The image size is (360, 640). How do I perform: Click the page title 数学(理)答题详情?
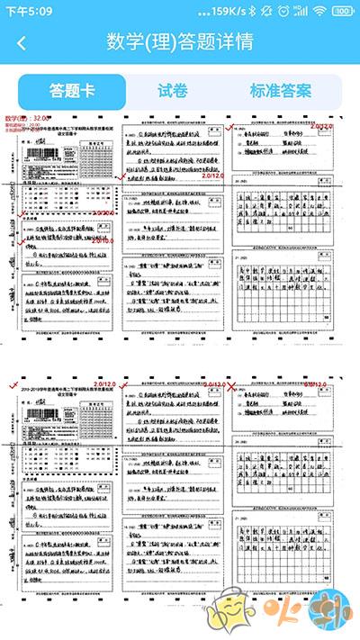click(179, 42)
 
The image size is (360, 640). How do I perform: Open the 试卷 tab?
click(172, 91)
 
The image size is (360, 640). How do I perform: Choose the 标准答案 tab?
click(280, 91)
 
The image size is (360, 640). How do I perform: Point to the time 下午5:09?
click(29, 11)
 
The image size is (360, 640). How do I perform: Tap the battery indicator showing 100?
click(342, 11)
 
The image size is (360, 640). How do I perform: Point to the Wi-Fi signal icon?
click(319, 11)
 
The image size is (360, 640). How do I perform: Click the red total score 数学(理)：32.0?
click(28, 119)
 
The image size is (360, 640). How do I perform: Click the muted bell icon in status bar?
click(269, 11)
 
